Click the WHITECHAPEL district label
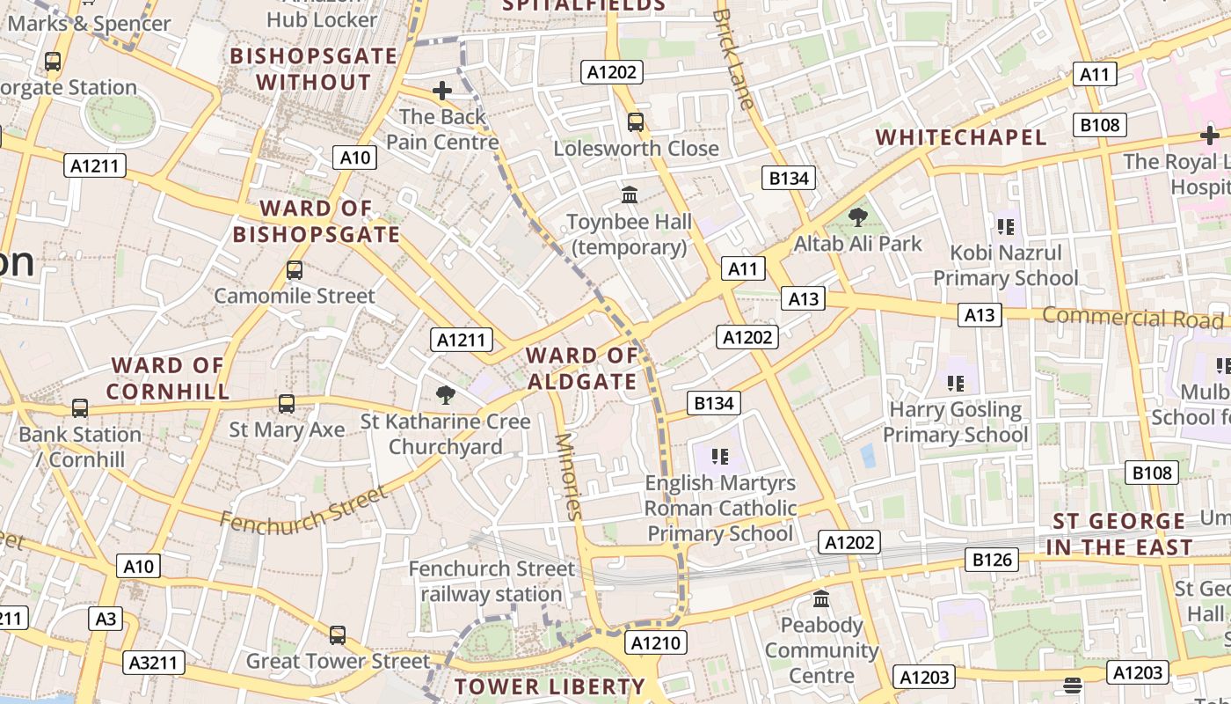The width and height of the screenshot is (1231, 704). coord(961,137)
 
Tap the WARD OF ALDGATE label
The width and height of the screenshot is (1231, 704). coord(582,369)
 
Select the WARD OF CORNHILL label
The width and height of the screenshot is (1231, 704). coord(168,378)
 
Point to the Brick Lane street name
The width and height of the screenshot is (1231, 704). coord(733,59)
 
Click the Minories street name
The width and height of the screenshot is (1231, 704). coord(570,476)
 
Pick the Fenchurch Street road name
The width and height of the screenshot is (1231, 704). coord(303,508)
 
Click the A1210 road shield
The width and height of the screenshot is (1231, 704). coord(656,643)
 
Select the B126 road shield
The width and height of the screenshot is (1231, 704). coord(992,559)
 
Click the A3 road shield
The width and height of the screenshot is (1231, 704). coord(106,619)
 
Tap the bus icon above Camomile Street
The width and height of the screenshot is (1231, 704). coord(295,270)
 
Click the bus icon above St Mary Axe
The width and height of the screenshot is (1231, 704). coord(287,404)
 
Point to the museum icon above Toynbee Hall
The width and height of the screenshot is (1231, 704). coord(630,194)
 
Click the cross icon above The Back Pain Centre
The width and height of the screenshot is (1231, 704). coord(442,91)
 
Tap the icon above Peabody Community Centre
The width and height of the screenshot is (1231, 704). coord(821,599)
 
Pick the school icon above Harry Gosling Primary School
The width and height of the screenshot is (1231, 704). coord(955,383)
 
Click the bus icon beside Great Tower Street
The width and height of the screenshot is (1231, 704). coord(338,634)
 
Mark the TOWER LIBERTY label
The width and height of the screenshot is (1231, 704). coord(550,686)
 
